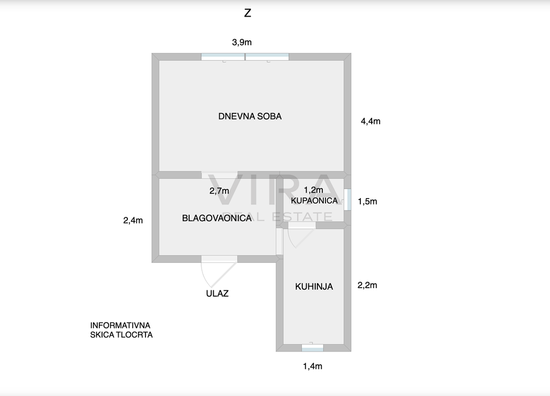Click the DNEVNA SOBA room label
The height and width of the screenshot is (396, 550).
tap(250, 116)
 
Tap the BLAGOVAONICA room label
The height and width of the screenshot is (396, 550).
tap(217, 218)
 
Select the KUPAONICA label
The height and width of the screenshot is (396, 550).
tap(314, 201)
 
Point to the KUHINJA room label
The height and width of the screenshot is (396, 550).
tap(314, 287)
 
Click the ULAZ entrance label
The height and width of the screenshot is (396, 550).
tap(217, 294)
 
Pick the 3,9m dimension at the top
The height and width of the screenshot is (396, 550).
tap(242, 42)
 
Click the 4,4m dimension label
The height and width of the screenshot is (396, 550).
tap(371, 121)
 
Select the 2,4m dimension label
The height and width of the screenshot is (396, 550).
tap(133, 221)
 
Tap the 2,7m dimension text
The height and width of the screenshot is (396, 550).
tap(219, 191)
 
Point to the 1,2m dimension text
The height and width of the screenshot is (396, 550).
tap(313, 190)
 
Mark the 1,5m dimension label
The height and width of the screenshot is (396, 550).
tap(367, 202)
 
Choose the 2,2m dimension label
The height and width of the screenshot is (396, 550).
tap(367, 285)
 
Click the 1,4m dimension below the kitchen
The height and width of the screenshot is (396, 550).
tap(313, 366)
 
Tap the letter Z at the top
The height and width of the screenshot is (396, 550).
tap(248, 13)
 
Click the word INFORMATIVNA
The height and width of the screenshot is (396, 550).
tap(120, 326)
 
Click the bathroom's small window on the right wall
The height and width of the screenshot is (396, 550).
tap(348, 200)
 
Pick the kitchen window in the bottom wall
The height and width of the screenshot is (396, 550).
tap(313, 348)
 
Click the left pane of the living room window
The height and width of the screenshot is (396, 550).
tap(223, 57)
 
